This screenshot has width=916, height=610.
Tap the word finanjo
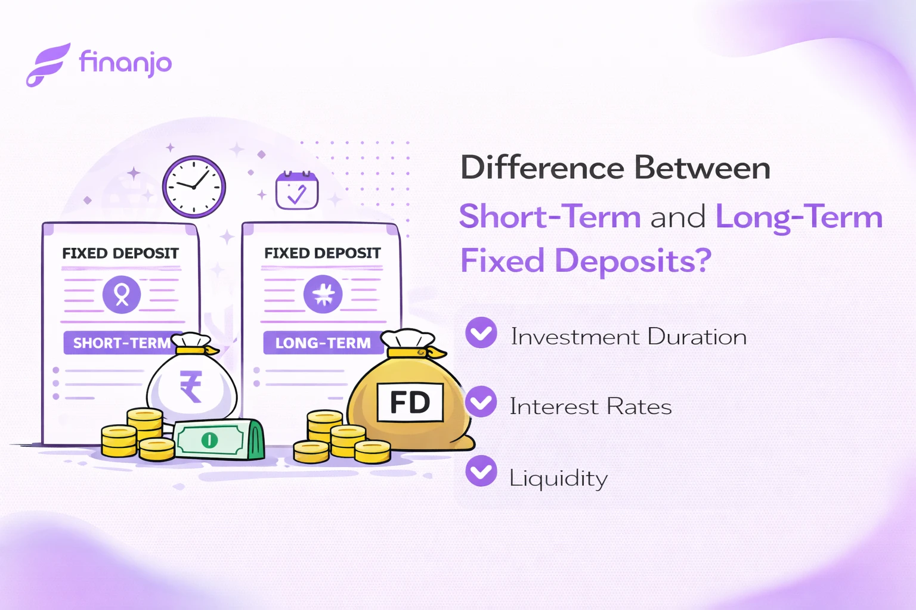pos(125,63)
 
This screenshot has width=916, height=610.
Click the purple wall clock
pos(194,186)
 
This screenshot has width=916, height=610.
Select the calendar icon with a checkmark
pos(296,191)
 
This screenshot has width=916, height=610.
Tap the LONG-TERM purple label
pos(323,343)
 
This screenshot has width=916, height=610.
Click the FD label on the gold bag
pos(410,403)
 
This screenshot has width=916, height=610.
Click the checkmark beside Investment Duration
pos(481,332)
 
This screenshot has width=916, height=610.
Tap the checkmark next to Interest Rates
pos(481,402)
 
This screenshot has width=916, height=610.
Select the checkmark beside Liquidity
pos(481,471)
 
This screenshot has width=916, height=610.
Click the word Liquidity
pos(558,478)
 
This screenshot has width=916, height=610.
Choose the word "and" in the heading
pos(677,217)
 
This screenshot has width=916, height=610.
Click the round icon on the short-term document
pos(122,294)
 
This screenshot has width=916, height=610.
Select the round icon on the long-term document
pos(323,294)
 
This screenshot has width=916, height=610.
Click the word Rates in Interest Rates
pos(639,407)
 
